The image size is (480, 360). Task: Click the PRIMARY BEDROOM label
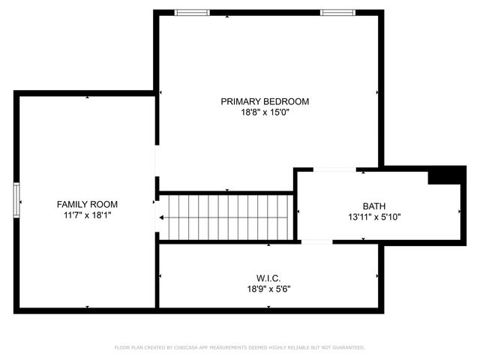click(264, 101)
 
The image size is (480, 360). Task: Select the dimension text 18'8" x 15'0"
click(264, 112)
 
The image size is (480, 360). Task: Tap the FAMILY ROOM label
click(87, 204)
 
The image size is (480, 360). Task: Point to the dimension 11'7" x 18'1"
click(87, 215)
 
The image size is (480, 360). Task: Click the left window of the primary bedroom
click(191, 13)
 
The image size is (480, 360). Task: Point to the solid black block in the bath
click(442, 175)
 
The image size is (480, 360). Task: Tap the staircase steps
click(229, 217)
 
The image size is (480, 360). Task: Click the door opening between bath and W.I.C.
click(316, 241)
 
